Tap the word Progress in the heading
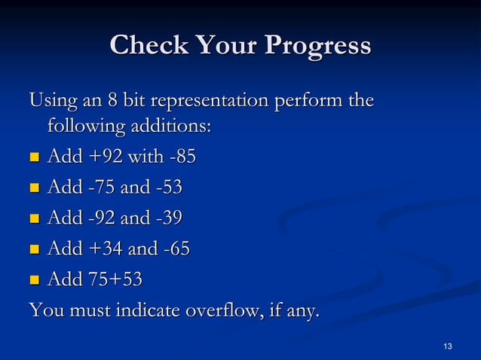pos(317,46)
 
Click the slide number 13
pos(448,346)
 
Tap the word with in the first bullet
pos(141,157)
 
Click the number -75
pos(99,188)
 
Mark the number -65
pos(174,249)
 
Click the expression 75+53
pos(113,279)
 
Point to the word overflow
pos(210,310)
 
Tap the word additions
pos(172,127)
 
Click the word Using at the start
pos(51,100)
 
